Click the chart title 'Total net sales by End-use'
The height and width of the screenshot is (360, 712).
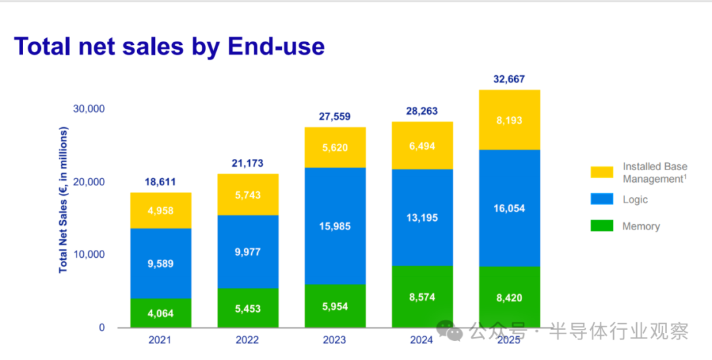pos(169,47)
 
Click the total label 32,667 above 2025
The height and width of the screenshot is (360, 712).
pos(509,80)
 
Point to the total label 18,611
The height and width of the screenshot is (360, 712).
pos(161,183)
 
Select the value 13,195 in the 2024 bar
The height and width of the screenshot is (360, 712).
pos(422,218)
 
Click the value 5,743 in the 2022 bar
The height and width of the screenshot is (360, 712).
pos(248,195)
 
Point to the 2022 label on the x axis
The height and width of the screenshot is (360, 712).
pos(248,340)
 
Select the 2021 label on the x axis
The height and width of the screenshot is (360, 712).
pos(161,340)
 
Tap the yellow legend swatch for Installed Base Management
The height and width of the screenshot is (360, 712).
pos(601,173)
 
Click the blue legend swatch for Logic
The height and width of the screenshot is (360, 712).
pos(601,200)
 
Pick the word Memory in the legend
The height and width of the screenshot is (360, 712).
pos(641,226)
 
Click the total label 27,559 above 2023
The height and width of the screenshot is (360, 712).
pos(335,117)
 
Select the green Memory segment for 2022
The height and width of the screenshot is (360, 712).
pos(248,307)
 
